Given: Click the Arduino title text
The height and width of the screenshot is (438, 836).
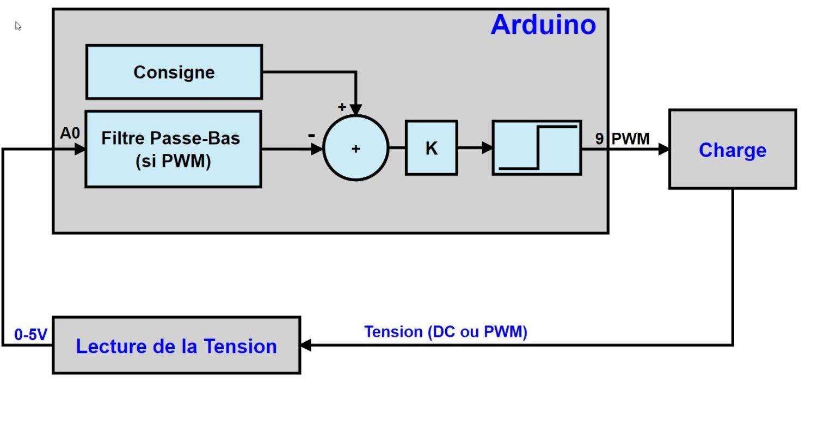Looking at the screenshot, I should pos(543,25).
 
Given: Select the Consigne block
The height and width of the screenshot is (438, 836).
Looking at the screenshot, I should pos(174,72).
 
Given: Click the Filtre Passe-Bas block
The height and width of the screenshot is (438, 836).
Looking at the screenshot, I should pos(173,149).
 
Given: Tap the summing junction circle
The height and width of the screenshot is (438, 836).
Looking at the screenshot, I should pos(356,148).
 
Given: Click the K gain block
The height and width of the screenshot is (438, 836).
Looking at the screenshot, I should pos(431,148).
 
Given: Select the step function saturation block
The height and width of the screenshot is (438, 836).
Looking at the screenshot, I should pos(537,148).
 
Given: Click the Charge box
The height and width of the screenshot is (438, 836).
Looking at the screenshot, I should pos(732,150).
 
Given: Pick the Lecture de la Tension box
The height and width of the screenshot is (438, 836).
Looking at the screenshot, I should pos(176,346).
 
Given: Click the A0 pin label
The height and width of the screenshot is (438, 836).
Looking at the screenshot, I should pos(70,133).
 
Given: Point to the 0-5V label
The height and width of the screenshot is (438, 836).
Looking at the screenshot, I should pos(31,335).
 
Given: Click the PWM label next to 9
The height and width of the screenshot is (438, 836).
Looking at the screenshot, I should pos(630,139).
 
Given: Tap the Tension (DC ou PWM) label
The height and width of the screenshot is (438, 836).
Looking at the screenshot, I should pos(445,332).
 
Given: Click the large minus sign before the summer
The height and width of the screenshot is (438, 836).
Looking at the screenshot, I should pos(311,134).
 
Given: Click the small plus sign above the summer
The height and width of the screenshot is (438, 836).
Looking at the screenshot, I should pos(342,107).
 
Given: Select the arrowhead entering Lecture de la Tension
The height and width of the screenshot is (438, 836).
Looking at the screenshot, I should pos(306,345).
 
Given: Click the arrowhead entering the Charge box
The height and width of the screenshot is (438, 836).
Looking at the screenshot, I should pos(663,149).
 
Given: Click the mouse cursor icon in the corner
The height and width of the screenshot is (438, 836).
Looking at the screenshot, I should pos(18,26).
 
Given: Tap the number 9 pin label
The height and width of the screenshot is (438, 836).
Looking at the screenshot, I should pos(599,139).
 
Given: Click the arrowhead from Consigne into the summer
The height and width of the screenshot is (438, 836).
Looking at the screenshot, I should pos(355,109).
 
